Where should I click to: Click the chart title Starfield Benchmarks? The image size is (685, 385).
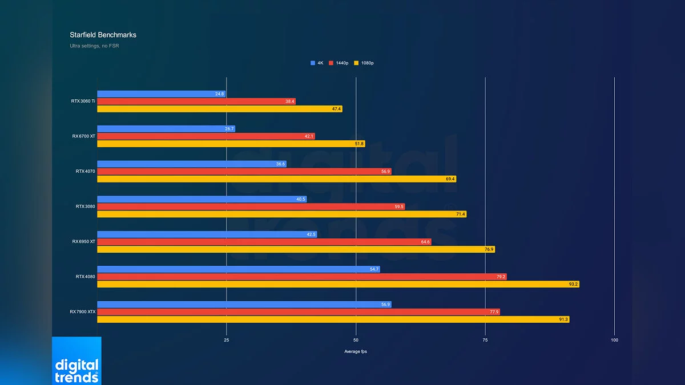pos(103,35)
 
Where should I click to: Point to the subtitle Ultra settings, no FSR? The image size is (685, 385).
pos(94,46)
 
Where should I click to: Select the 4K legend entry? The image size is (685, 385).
pos(317,63)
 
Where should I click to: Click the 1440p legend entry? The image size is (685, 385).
pos(339,63)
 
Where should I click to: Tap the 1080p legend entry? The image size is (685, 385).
pos(364,63)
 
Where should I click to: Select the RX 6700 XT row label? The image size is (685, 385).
pos(83,136)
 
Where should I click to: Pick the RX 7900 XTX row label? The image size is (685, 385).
pos(82,312)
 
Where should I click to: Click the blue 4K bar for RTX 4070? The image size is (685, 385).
pos(191,164)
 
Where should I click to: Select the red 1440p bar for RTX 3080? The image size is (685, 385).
pos(251,206)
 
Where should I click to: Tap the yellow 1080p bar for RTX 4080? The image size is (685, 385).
pos(338,284)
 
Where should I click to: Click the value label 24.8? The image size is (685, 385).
pos(220,94)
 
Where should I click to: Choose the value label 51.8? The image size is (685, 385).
pos(359,144)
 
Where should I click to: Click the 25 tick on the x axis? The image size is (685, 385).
pos(227,340)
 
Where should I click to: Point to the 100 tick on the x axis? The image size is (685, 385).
pos(614,340)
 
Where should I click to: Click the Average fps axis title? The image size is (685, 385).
pos(356,351)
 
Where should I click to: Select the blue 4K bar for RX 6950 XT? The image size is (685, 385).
pos(207,234)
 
